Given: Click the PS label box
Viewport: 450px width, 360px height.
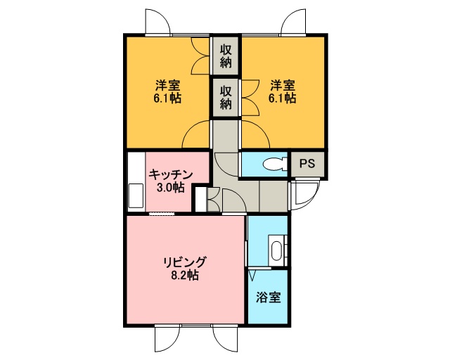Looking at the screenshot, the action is [307, 164].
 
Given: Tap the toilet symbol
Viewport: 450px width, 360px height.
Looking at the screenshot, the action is [275, 164].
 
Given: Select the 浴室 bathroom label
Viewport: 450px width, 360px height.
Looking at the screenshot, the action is [269, 297].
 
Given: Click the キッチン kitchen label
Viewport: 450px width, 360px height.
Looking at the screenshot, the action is [170, 174].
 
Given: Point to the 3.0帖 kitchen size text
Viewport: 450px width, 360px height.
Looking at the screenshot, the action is [170, 188].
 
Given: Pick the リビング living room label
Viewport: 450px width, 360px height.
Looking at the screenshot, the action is [184, 262].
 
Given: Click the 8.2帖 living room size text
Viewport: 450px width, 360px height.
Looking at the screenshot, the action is [184, 276].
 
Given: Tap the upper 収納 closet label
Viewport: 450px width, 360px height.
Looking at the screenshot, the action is [226, 56].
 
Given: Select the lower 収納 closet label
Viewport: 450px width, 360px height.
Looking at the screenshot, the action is [226, 98].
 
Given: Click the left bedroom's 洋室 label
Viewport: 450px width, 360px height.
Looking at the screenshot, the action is [168, 85].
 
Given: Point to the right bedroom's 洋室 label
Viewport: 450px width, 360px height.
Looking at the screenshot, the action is [283, 85].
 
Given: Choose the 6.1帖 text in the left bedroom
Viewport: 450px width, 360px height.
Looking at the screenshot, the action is [168, 98].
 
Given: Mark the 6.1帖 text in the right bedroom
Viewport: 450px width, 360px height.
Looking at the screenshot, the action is [283, 98].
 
